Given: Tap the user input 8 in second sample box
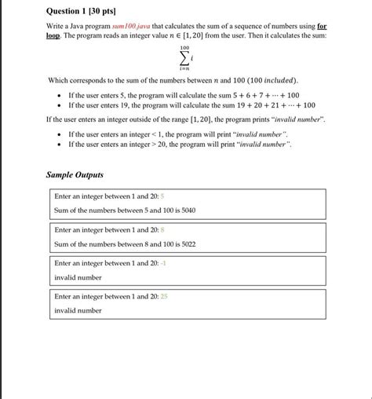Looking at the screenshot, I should point(162,230).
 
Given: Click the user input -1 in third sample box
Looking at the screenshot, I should point(163,264).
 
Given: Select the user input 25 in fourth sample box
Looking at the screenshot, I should point(164,297).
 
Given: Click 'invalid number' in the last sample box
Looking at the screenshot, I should point(78,310).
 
